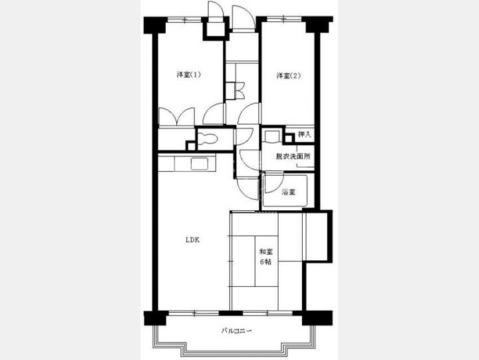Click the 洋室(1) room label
188,75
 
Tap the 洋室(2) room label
288,75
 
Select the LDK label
193,240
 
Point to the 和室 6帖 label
265,257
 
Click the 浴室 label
289,192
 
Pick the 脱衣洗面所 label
293,156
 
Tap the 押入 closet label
304,134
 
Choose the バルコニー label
236,331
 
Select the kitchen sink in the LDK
200,164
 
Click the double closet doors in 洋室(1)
176,116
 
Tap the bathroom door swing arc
273,183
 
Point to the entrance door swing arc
243,17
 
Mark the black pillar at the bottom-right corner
317,318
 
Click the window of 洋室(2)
285,19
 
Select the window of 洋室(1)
186,19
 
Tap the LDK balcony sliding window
194,313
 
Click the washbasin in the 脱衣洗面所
272,136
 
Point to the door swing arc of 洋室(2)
249,114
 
